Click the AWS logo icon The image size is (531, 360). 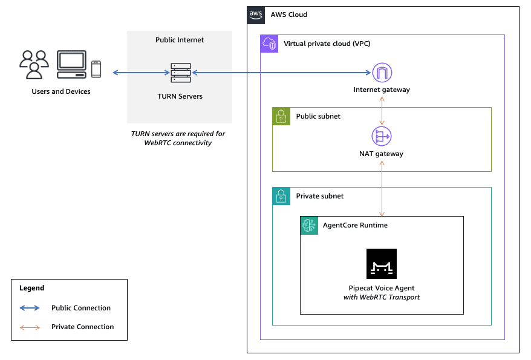pyautogui.click(x=256, y=15)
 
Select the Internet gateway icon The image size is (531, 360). pyautogui.click(x=382, y=73)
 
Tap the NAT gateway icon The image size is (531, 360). pyautogui.click(x=382, y=136)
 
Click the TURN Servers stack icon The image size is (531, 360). pyautogui.click(x=180, y=73)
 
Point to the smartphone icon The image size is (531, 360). pyautogui.click(x=96, y=69)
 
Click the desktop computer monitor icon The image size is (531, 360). pyautogui.click(x=71, y=65)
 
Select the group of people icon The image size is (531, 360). pyautogui.click(x=34, y=65)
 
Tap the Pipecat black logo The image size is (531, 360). pyautogui.click(x=382, y=263)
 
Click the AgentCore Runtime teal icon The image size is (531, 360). pyautogui.click(x=309, y=225)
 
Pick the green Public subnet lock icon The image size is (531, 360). pyautogui.click(x=281, y=116)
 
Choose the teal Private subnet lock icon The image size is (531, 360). pyautogui.click(x=281, y=196)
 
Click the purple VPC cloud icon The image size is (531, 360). pyautogui.click(x=269, y=44)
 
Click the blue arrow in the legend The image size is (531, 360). pyautogui.click(x=30, y=308)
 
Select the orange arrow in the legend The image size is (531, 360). pyautogui.click(x=30, y=327)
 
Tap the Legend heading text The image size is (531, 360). pyautogui.click(x=31, y=288)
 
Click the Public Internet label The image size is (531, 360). pyautogui.click(x=180, y=40)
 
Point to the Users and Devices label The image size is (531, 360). pyautogui.click(x=61, y=91)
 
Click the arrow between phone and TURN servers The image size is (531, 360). pyautogui.click(x=141, y=73)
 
